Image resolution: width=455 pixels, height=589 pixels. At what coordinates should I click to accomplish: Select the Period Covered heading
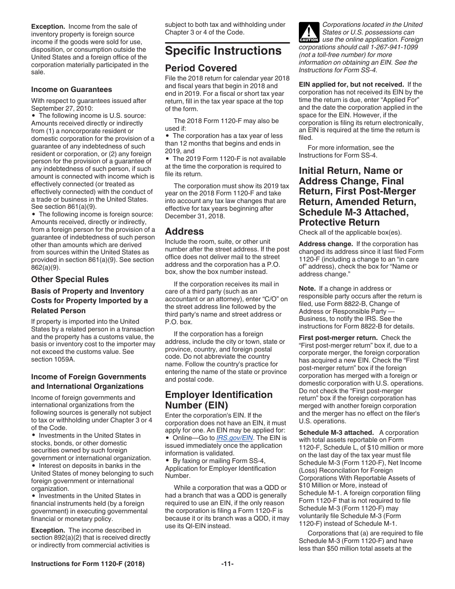(x=201, y=68)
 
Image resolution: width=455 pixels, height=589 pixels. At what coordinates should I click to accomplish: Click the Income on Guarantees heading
(x=71, y=90)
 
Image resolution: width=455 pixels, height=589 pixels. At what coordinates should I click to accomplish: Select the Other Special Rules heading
(x=70, y=279)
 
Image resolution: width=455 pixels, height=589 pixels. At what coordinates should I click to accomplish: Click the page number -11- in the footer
(x=227, y=564)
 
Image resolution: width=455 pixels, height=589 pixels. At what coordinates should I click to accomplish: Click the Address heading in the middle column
(x=184, y=231)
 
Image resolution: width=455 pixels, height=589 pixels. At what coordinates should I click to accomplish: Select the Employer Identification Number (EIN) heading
(x=218, y=400)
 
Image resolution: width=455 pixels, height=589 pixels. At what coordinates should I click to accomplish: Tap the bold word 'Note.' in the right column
(x=307, y=288)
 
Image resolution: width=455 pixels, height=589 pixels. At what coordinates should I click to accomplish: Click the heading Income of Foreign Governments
(x=89, y=377)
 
